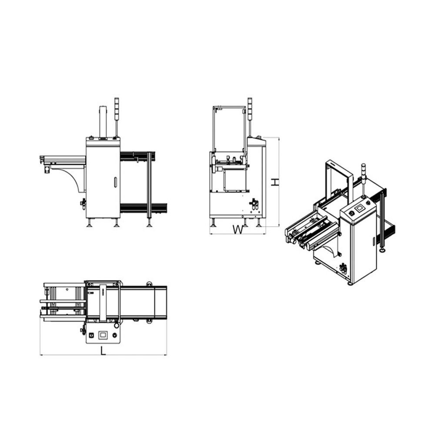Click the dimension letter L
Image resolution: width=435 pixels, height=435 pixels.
[x=103, y=351]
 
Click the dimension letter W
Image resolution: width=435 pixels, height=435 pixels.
[x=238, y=229]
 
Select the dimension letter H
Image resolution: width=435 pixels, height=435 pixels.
[x=274, y=182]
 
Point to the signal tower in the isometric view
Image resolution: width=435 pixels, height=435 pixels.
[x=363, y=181]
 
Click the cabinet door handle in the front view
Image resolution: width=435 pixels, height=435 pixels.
[x=115, y=182]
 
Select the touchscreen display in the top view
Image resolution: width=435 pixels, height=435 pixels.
[x=103, y=335]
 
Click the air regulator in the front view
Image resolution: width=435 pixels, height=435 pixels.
[x=83, y=204]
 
